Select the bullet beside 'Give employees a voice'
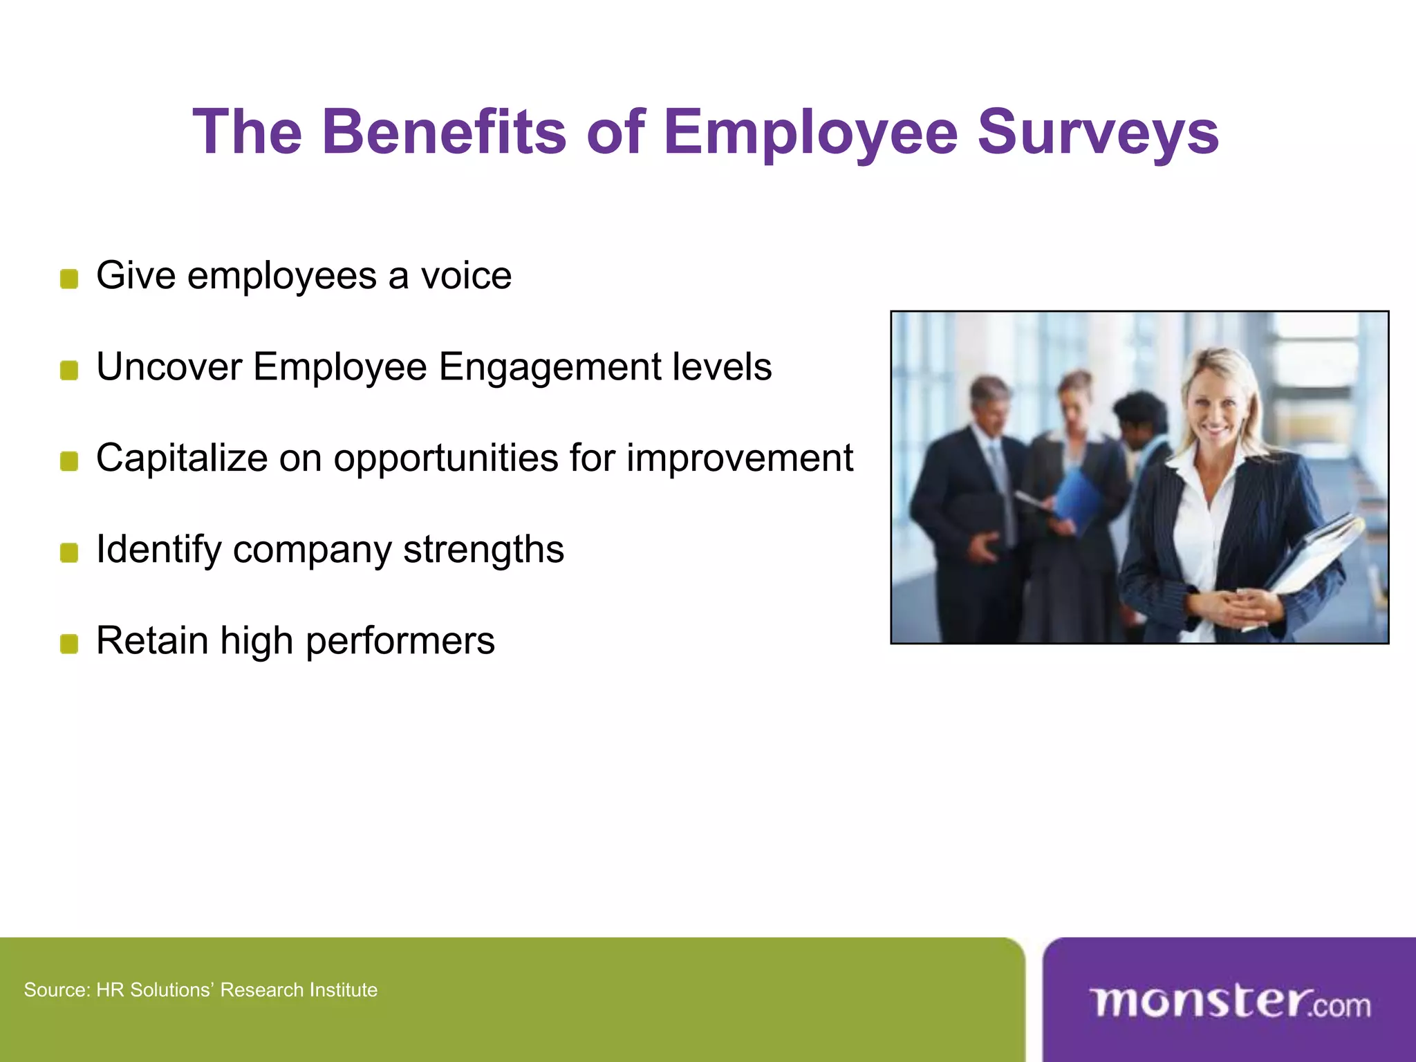69,279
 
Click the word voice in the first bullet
467,276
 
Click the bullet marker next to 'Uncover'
69,371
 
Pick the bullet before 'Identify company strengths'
69,553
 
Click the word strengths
483,550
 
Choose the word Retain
152,640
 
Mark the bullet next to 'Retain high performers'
69,644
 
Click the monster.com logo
1229,1003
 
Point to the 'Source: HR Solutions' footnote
201,990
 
